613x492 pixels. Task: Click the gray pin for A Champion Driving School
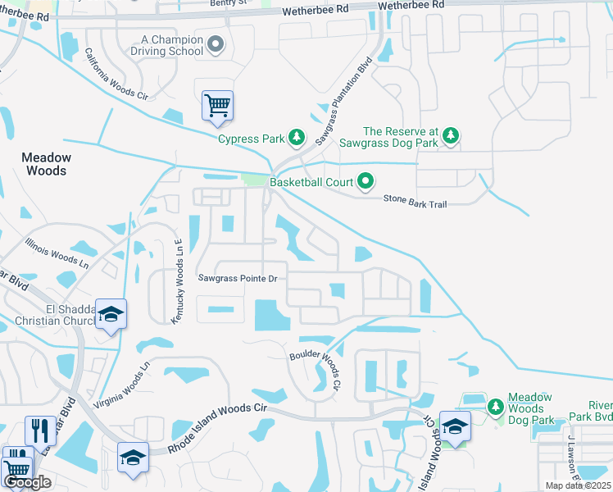point(216,44)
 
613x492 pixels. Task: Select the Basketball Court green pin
point(366,182)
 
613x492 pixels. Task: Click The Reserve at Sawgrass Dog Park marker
point(451,137)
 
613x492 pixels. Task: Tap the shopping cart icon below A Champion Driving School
point(217,106)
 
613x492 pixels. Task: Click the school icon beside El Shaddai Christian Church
point(111,315)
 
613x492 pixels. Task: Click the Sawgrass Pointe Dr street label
point(238,279)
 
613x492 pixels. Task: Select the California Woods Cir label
point(117,74)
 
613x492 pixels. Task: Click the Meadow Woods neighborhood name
point(47,164)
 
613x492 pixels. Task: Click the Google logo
point(26,482)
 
